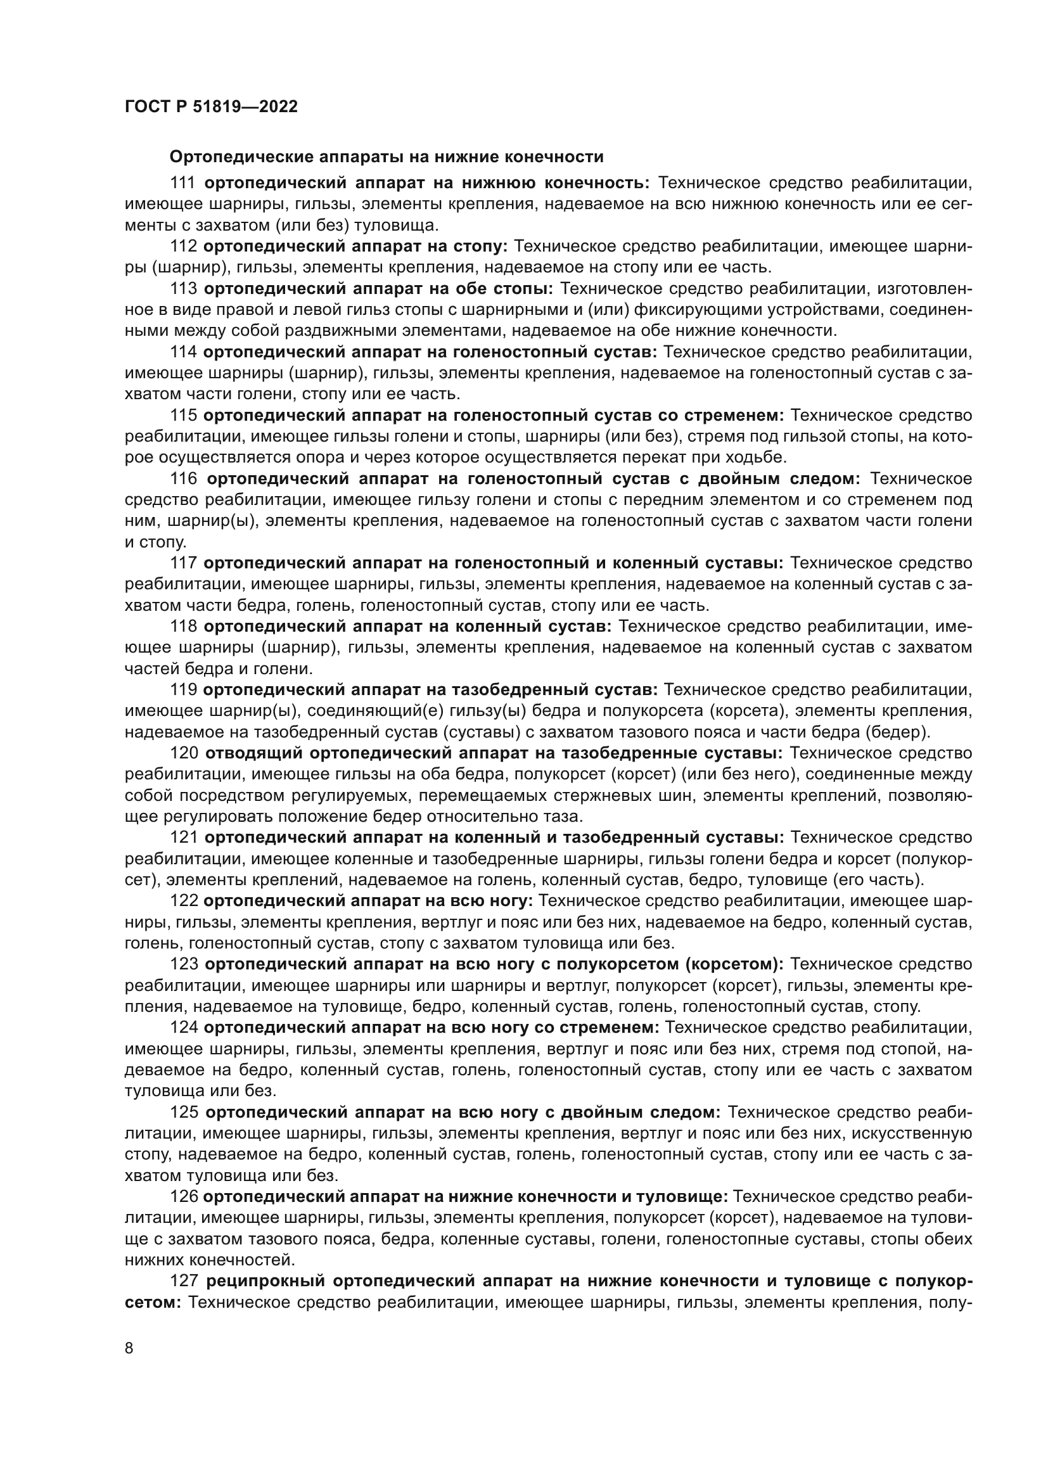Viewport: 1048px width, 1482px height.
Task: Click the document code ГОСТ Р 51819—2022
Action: (211, 107)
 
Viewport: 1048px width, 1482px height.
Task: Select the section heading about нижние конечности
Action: (386, 157)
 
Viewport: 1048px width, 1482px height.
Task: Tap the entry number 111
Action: (183, 183)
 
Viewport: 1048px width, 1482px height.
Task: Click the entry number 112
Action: (183, 246)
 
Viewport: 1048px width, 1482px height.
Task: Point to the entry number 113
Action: (183, 288)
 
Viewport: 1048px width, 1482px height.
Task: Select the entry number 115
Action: (183, 415)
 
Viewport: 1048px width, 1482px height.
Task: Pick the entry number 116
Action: (183, 479)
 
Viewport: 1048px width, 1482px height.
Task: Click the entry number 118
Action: (183, 626)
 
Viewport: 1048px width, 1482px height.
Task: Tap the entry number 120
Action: (183, 753)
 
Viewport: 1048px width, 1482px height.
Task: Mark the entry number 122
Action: (183, 900)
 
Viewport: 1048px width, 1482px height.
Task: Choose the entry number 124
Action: (183, 1027)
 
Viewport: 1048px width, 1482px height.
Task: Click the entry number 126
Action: (183, 1196)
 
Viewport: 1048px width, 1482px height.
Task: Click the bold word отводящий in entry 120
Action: (254, 753)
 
